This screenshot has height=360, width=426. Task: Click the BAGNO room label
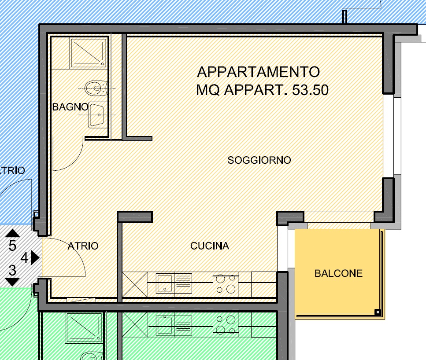tap(70, 107)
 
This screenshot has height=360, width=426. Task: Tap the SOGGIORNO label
tap(259, 160)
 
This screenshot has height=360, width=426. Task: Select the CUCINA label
tap(209, 246)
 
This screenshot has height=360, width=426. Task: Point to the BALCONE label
tap(338, 273)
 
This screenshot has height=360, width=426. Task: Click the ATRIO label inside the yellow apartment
tap(83, 246)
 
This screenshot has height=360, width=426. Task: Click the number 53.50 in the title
tap(310, 90)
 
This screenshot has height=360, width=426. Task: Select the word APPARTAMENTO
tap(258, 72)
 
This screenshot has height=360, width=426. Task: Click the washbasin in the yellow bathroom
tap(97, 115)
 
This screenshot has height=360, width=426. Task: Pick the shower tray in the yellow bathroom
tap(88, 53)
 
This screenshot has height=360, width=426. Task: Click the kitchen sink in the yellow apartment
tap(165, 283)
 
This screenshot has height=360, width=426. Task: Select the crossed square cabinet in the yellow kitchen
tap(135, 285)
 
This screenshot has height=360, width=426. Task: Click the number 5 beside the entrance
tap(12, 246)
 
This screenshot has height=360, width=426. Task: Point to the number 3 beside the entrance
tap(12, 270)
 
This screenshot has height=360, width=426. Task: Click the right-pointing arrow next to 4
tap(35, 257)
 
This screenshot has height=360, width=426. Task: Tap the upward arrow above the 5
tap(12, 233)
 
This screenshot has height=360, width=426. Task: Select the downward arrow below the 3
tap(12, 282)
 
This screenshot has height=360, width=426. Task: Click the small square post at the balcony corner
tap(378, 312)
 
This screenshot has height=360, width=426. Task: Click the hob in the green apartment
tap(226, 325)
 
